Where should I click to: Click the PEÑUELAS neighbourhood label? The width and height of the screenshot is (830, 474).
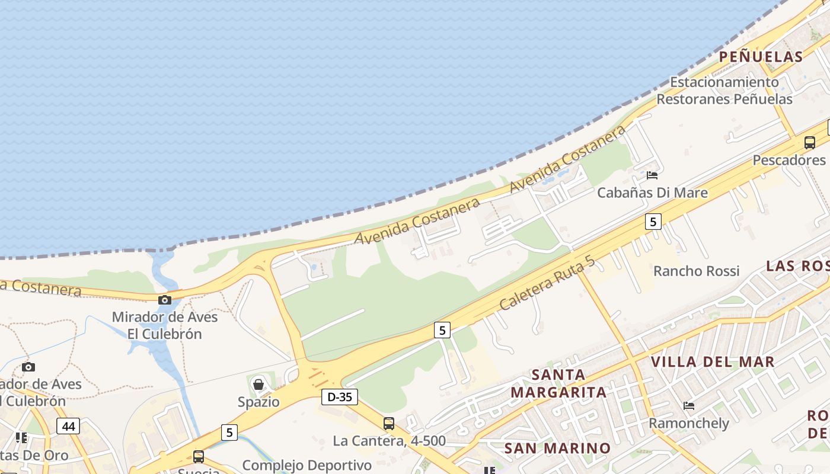click(761, 57)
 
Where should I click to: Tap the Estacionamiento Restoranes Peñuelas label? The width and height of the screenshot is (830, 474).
click(724, 90)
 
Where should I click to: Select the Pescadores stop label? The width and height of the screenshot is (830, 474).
click(788, 160)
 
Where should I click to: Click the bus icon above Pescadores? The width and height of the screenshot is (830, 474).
click(809, 142)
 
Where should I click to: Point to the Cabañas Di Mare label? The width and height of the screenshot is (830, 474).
click(652, 193)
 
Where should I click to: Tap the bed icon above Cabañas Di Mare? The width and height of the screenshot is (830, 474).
click(652, 175)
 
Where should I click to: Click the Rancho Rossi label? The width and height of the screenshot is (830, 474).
click(696, 271)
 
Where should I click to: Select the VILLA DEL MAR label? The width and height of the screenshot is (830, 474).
click(713, 361)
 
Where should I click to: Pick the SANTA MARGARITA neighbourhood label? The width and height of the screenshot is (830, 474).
click(558, 383)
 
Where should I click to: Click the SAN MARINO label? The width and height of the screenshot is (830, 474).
click(557, 448)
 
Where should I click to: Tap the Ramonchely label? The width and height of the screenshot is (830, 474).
click(688, 423)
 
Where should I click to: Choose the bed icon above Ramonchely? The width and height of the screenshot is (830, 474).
click(688, 406)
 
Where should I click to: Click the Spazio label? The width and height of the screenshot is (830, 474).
click(258, 402)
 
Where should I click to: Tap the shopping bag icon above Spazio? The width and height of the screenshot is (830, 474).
click(258, 385)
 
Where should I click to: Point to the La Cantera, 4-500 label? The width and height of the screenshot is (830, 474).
click(389, 441)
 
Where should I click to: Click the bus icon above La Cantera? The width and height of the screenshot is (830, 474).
click(389, 424)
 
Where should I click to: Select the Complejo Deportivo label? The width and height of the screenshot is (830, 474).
click(307, 465)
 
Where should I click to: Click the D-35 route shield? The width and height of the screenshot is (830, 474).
click(340, 397)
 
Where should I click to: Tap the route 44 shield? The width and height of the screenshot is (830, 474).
click(68, 425)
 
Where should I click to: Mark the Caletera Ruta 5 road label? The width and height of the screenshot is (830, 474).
click(546, 284)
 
